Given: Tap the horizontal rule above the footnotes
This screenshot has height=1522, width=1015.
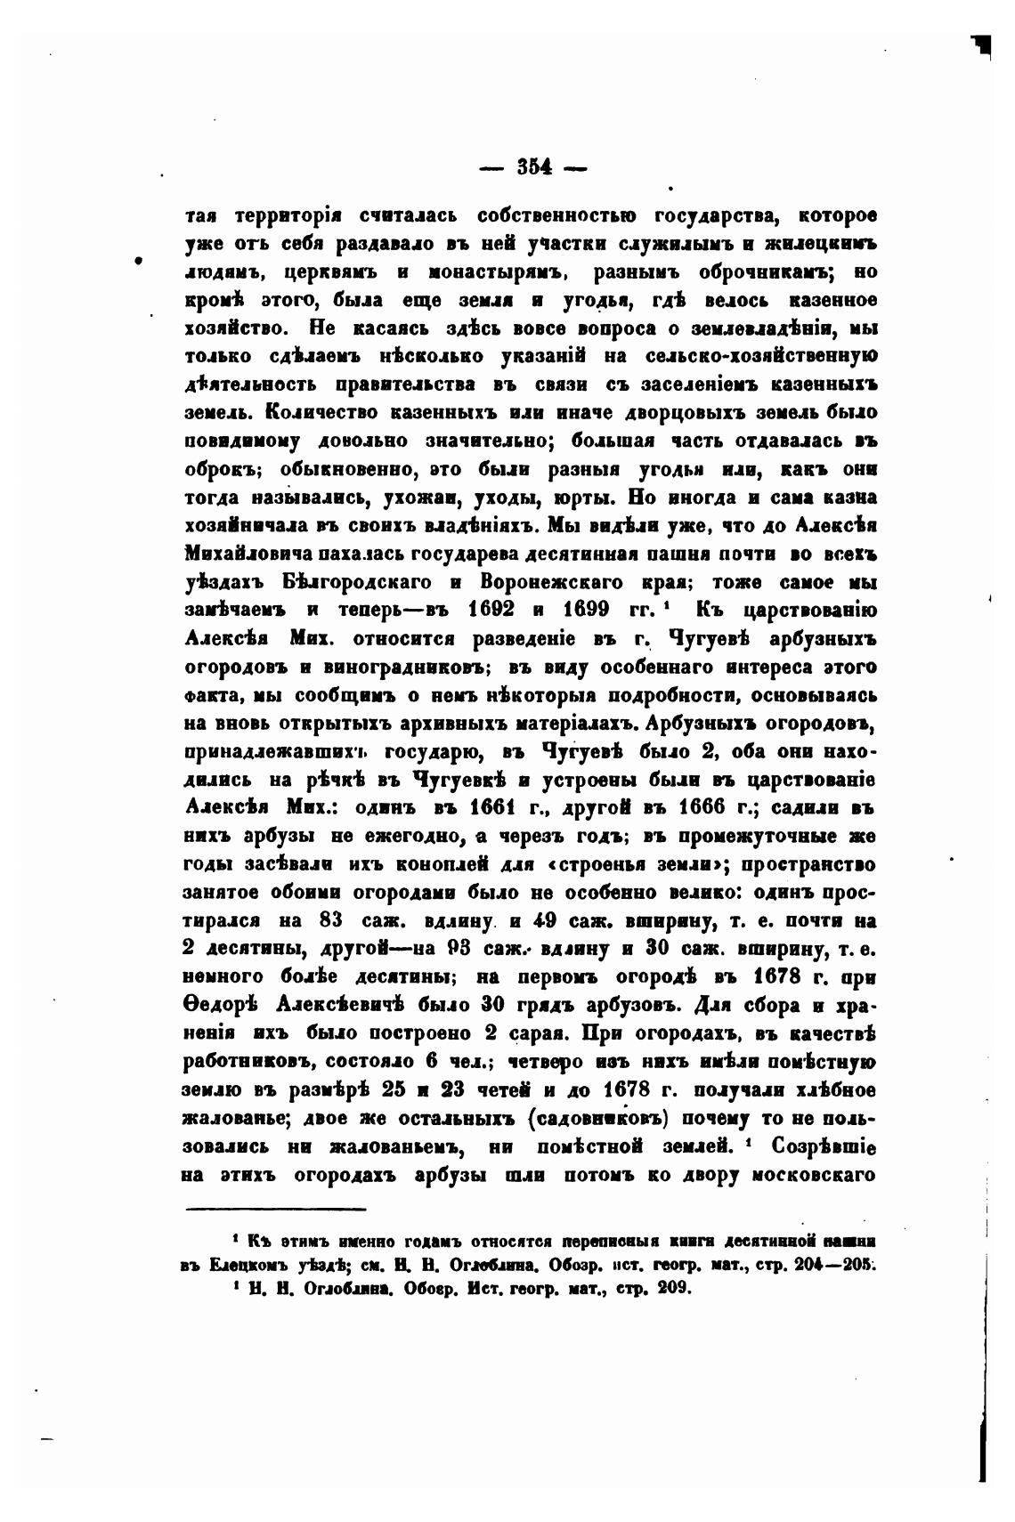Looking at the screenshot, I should tap(276, 1209).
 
